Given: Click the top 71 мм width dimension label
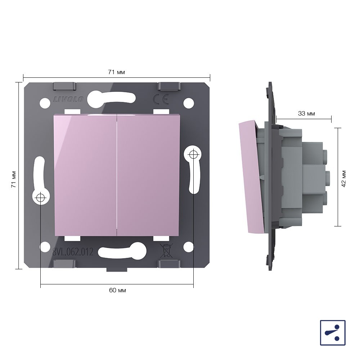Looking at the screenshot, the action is (x=117, y=72).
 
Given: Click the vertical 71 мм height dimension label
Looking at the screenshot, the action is (x=14, y=179).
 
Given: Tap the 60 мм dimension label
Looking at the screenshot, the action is (x=117, y=290).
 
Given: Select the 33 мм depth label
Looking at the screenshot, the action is (x=306, y=113).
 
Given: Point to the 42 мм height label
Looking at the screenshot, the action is (x=343, y=179).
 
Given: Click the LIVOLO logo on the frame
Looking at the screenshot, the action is (x=68, y=99).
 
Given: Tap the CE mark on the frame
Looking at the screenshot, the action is (x=161, y=99).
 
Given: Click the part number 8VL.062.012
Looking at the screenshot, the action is (x=73, y=252).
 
